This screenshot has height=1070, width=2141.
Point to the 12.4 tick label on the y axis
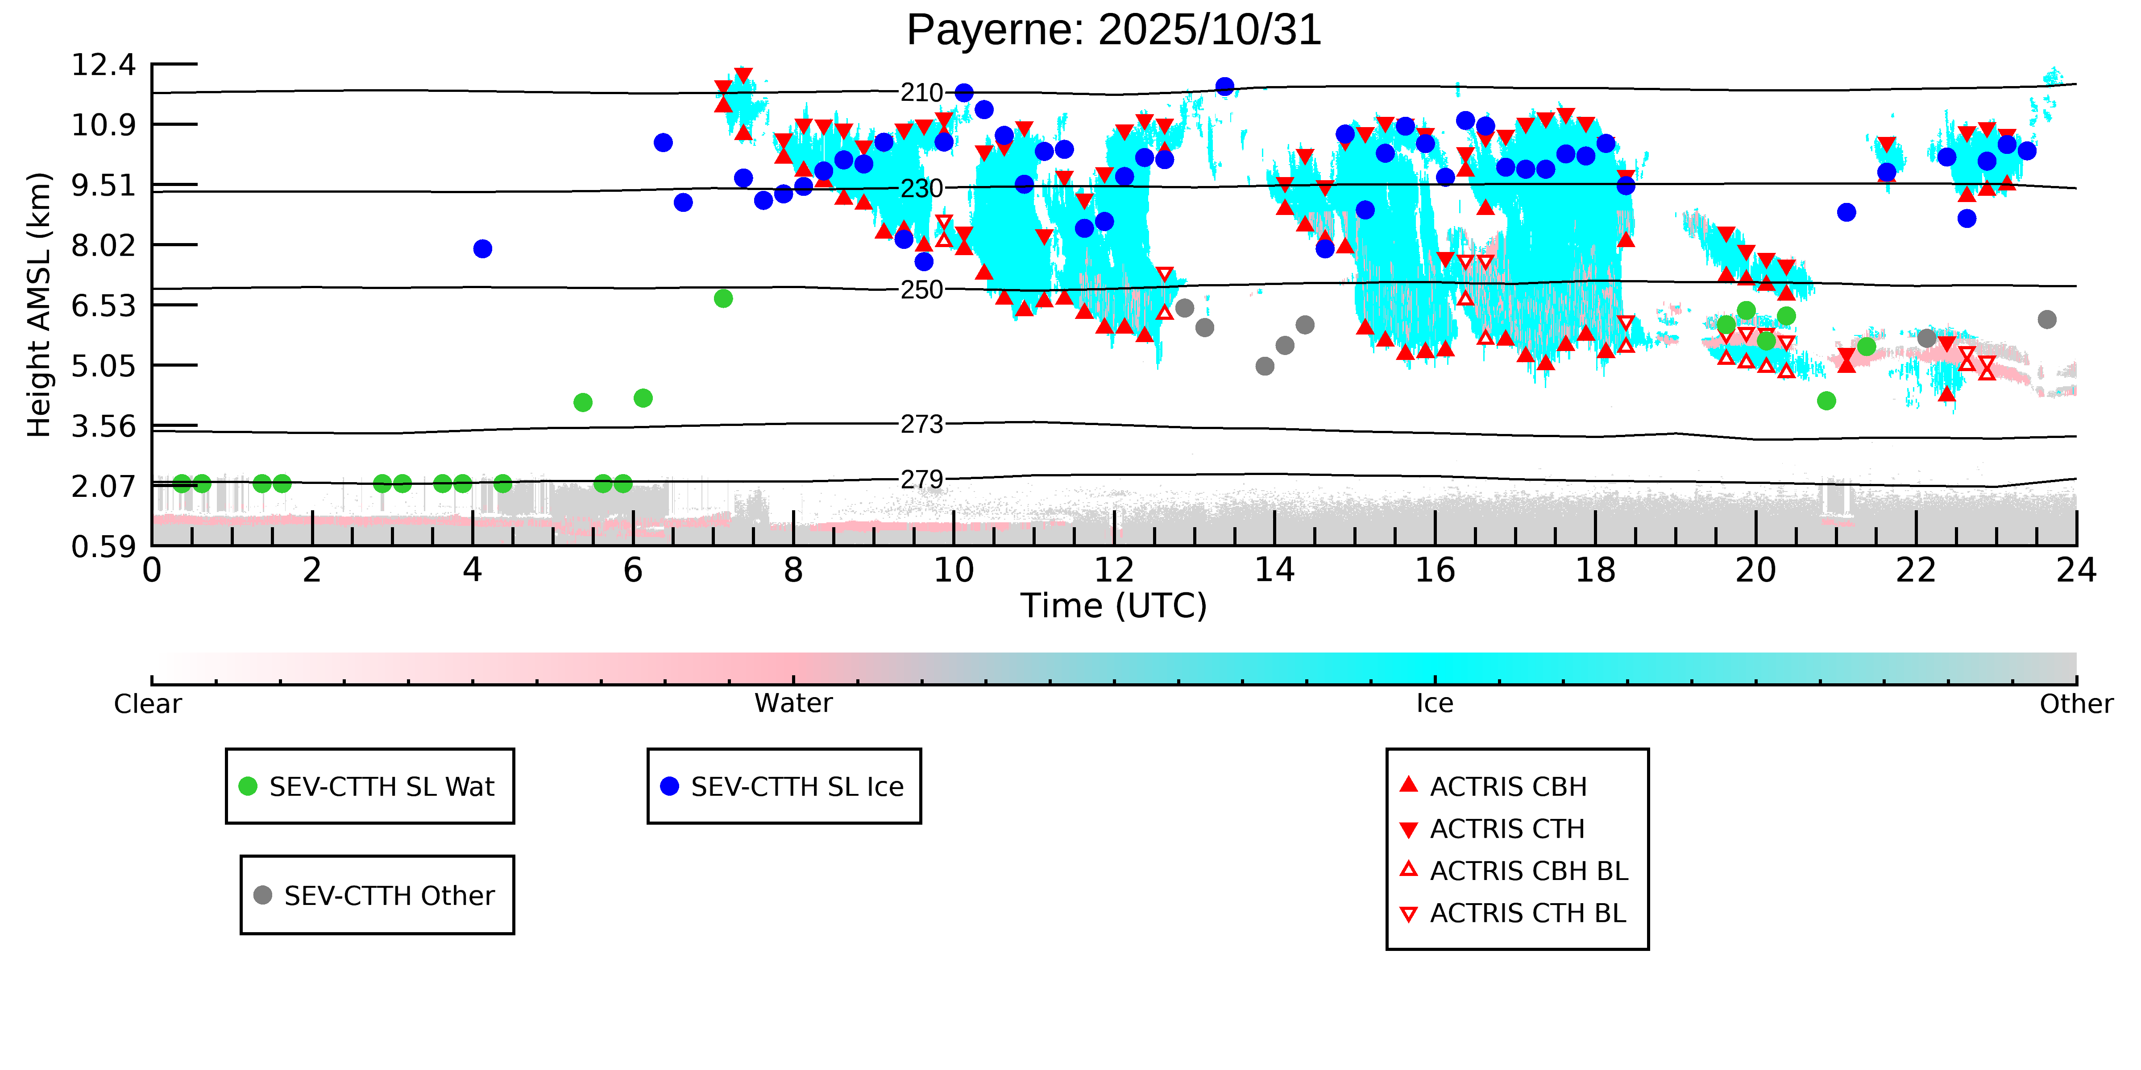pyautogui.click(x=103, y=65)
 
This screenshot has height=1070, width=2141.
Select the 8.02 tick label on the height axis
pyautogui.click(x=103, y=246)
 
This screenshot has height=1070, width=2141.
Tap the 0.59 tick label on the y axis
pyautogui.click(x=103, y=547)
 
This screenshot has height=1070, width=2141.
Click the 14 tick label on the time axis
pyautogui.click(x=1274, y=571)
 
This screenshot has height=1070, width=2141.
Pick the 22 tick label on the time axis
pyautogui.click(x=1916, y=571)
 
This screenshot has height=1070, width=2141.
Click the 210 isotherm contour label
pyautogui.click(x=922, y=92)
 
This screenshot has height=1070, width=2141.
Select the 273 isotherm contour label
pyautogui.click(x=922, y=425)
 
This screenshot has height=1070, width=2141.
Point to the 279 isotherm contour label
pyautogui.click(x=922, y=479)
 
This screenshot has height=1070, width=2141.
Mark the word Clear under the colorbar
pyautogui.click(x=148, y=704)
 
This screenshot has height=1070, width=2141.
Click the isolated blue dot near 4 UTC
pyautogui.click(x=482, y=248)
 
